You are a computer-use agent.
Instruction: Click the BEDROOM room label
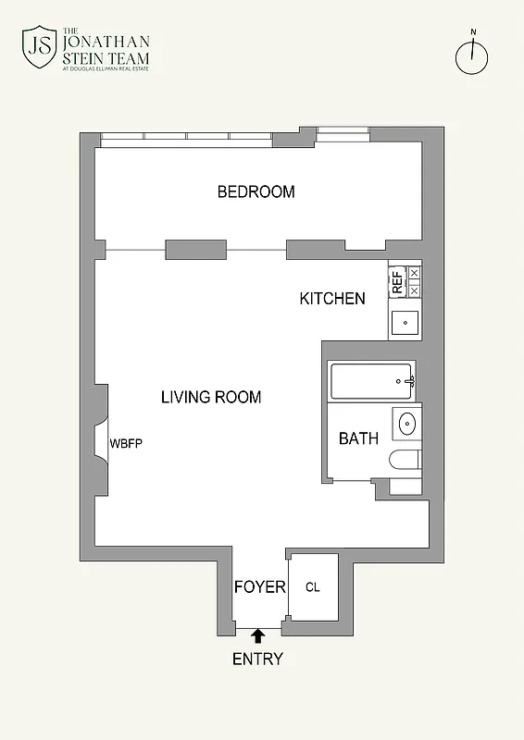(x=256, y=192)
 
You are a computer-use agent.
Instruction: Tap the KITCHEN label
(x=331, y=299)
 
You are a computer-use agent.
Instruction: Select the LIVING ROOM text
(x=211, y=398)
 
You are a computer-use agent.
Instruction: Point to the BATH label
(x=358, y=438)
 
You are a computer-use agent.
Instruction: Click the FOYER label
(x=259, y=587)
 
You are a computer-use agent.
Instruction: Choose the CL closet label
(x=312, y=587)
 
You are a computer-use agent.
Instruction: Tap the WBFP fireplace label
(x=126, y=443)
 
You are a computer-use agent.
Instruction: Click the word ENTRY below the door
(x=257, y=660)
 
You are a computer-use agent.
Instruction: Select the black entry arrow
(x=258, y=635)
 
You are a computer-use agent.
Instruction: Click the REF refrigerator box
(x=397, y=281)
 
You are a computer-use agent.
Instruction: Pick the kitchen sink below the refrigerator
(x=405, y=323)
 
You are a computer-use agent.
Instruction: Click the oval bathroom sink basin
(x=407, y=425)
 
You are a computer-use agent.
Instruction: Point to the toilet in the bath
(x=405, y=461)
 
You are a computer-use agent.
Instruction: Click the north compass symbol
(x=472, y=56)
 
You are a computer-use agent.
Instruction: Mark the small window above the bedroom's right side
(x=343, y=135)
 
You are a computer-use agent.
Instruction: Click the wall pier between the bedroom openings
(x=195, y=250)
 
